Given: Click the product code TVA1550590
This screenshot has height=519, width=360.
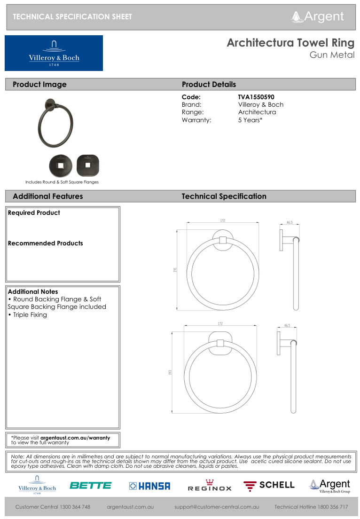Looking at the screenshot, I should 256,97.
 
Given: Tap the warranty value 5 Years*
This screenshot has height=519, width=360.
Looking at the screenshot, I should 250,120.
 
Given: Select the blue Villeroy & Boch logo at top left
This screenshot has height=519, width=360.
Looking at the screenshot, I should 54,53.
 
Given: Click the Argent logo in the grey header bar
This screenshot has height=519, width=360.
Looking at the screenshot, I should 318,16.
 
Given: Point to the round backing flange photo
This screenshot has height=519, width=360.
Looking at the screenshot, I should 61,165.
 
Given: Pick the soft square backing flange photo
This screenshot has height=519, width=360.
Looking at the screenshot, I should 88,165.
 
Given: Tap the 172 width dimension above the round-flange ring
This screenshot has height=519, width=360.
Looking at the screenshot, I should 223,220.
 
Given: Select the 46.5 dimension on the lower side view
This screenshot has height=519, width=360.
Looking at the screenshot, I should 287,325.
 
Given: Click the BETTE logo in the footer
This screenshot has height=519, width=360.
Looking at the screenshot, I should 91,486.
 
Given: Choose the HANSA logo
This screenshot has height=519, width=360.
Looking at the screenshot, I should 149,486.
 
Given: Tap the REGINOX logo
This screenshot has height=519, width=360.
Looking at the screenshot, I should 210,486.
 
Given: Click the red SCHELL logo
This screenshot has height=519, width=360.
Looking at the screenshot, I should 269,486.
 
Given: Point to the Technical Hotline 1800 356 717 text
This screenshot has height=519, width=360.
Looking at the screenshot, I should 311,507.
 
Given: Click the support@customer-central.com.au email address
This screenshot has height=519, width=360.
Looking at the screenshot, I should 217,507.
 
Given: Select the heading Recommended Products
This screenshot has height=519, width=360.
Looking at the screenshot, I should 45,243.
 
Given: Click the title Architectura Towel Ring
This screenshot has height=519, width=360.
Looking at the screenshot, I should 290,43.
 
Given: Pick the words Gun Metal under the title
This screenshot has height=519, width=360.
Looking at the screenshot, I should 332,55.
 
